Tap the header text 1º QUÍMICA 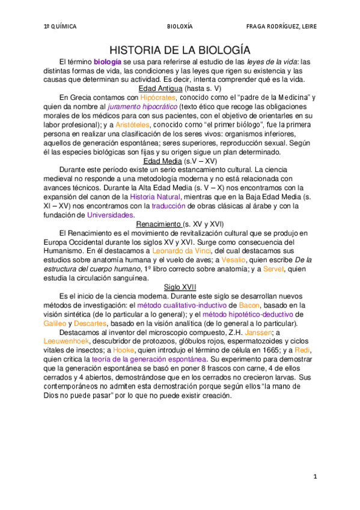[x=59, y=26]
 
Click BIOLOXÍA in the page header [x=180, y=26]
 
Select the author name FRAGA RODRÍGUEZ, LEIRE [x=281, y=26]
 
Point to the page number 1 [x=314, y=476]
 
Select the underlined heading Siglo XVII [x=180, y=287]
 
